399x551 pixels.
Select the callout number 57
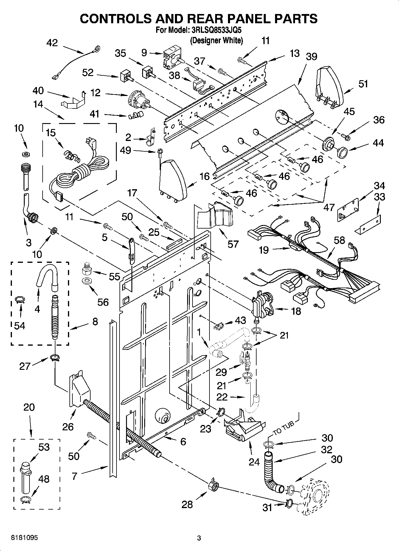233,244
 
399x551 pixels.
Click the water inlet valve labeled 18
262,305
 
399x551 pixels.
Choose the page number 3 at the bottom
199,538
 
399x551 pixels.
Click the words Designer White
217,40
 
